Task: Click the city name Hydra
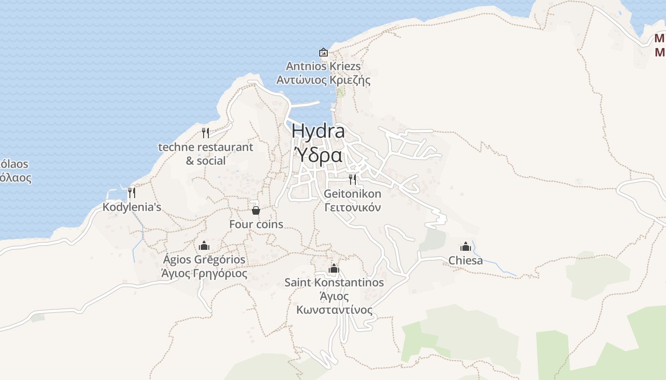318,131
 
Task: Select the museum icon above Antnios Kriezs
323,52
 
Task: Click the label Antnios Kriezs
323,66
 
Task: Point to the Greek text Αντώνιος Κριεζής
323,79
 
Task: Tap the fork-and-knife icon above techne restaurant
206,133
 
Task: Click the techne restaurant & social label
206,154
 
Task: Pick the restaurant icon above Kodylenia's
132,192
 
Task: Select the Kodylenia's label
132,207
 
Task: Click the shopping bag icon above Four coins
256,210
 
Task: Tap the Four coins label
256,224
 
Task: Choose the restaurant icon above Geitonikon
353,179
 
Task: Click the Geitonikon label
353,194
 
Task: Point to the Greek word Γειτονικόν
353,207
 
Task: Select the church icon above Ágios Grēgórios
204,246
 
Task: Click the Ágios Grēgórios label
204,260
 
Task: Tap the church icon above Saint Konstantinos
334,268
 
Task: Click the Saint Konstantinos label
334,283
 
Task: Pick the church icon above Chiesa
465,247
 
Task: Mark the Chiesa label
465,261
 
